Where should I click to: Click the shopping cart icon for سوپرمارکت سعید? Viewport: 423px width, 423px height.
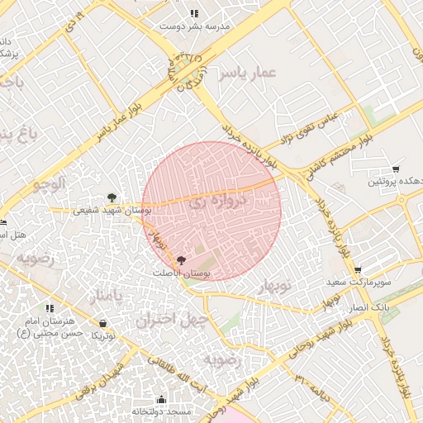coord(358,270)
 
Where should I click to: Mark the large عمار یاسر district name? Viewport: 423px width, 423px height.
coord(245,75)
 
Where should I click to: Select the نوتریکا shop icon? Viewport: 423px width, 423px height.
coord(102,323)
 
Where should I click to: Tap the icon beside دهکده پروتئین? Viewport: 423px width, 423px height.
coord(395,169)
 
